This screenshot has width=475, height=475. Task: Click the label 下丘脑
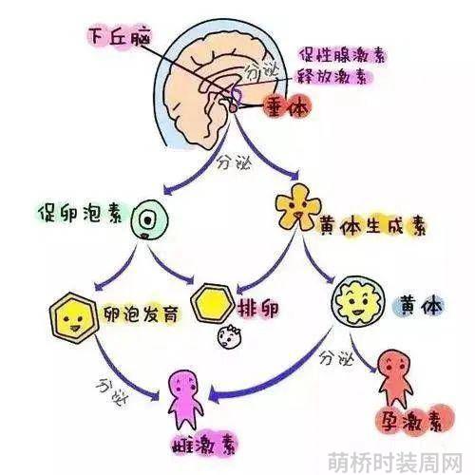click(119, 37)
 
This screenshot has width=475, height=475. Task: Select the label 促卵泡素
click(80, 213)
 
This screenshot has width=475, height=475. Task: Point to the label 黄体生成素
click(372, 226)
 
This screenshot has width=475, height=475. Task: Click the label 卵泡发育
click(141, 313)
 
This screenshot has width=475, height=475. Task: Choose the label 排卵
click(258, 308)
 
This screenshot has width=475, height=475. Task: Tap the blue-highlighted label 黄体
click(421, 305)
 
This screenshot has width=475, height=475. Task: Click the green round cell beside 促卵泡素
click(149, 219)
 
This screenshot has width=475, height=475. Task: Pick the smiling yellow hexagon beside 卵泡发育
click(74, 318)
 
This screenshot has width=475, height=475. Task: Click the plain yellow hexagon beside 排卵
click(213, 302)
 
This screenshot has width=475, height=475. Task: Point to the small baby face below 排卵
click(229, 337)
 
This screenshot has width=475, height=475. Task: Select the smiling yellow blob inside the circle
click(358, 302)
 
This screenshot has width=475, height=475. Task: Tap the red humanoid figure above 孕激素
click(395, 377)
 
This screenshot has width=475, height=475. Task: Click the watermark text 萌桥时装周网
click(395, 463)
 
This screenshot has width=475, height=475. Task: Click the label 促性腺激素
click(342, 56)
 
